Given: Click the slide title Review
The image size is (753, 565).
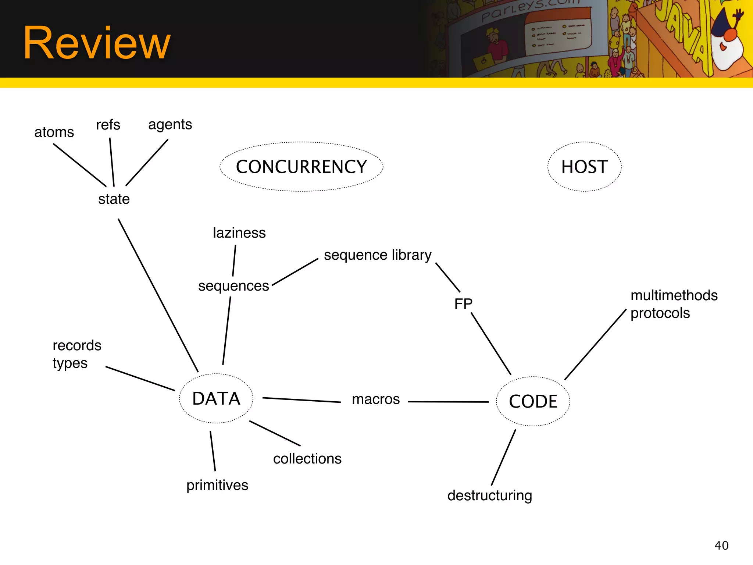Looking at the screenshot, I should [x=97, y=43].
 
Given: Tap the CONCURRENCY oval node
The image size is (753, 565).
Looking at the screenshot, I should [x=301, y=167].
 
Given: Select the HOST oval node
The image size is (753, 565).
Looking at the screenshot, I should [x=584, y=167].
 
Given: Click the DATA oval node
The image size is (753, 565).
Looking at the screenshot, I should [x=216, y=398].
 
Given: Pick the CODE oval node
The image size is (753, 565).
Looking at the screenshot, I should [x=533, y=401].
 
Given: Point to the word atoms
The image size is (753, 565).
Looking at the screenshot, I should [x=54, y=132].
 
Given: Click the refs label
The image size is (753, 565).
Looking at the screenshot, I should [x=108, y=125].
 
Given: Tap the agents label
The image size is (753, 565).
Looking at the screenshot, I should [x=170, y=125].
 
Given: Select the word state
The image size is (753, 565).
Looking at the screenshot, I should [x=114, y=199].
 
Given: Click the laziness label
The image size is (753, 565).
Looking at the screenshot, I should [x=239, y=233].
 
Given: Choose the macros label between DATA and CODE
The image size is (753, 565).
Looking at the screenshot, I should [x=375, y=399].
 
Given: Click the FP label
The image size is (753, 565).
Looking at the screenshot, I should [x=463, y=304].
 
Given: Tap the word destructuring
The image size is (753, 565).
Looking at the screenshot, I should [x=489, y=495].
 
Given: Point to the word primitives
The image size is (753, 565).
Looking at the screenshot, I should [x=217, y=485].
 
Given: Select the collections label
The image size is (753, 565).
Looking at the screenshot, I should [x=307, y=459].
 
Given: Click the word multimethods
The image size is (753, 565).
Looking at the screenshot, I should [x=674, y=295].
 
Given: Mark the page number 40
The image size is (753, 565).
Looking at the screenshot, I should [x=721, y=546].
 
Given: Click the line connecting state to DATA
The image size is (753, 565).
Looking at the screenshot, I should [x=158, y=295].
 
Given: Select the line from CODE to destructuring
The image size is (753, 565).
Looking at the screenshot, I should [x=503, y=457].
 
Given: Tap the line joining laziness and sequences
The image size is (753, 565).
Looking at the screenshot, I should [x=234, y=260].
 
